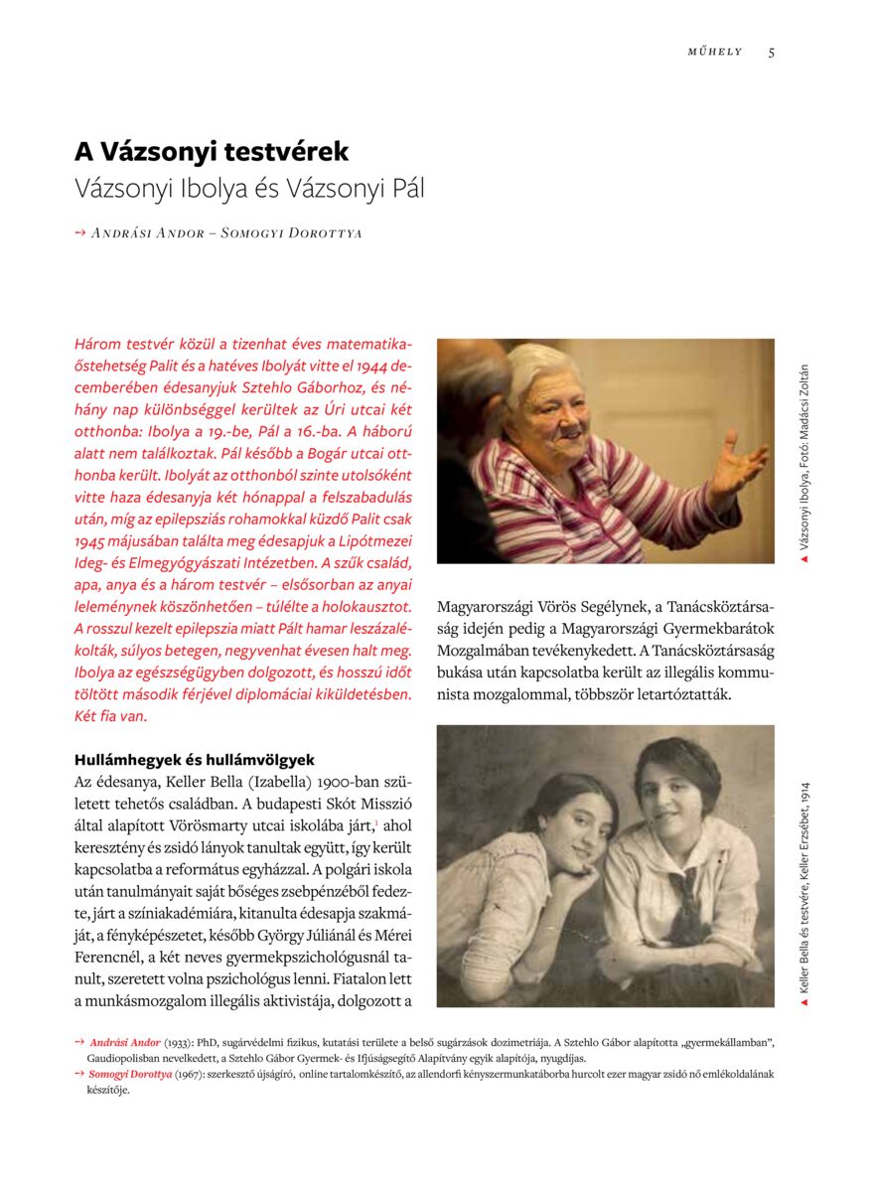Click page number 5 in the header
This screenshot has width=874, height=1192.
pos(772,53)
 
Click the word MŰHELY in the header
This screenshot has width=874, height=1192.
pos(715,53)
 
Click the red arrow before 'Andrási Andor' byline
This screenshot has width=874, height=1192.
pos(80,233)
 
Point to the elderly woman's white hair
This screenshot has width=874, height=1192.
pos(541,366)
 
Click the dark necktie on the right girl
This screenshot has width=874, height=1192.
pos(685,894)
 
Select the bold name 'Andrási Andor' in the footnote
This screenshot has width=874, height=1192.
pos(125,1042)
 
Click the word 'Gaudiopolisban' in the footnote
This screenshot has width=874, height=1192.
pos(121,1058)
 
